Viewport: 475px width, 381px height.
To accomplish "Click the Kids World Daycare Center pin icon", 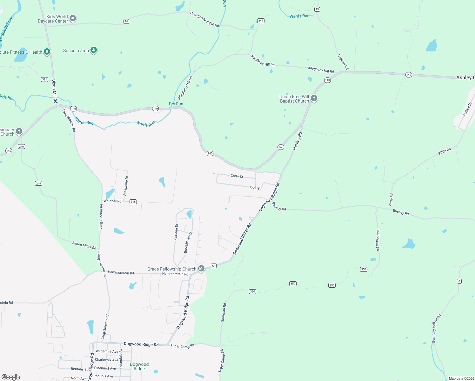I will click(73, 18).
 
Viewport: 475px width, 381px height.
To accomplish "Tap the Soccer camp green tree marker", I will click(93, 50).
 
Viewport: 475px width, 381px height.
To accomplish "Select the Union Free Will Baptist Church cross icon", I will click(314, 98).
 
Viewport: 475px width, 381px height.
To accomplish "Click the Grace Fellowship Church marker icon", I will click(201, 269).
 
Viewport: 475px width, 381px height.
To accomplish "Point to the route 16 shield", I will click(126, 21).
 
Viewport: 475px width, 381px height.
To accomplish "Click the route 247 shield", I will click(261, 21).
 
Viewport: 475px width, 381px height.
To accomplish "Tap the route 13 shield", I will click(317, 9).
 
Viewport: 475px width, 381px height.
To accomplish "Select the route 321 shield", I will click(44, 79).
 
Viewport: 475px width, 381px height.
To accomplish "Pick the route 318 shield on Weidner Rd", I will click(133, 202).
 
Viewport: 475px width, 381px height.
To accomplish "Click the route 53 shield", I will click(214, 266).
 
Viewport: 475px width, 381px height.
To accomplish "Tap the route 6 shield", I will click(459, 281).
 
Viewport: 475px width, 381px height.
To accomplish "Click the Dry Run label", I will click(176, 104).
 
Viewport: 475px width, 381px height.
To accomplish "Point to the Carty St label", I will click(237, 176).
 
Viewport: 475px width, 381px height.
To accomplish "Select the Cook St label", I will click(254, 188).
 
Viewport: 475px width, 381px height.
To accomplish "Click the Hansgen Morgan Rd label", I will click(204, 19).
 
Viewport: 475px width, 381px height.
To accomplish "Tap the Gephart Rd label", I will click(343, 62).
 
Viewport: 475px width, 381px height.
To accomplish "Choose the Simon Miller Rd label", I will click(84, 245).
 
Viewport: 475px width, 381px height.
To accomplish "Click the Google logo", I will click(11, 377).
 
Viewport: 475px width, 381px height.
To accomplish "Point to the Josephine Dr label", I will click(126, 186).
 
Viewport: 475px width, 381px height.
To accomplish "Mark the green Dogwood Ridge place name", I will click(139, 366).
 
